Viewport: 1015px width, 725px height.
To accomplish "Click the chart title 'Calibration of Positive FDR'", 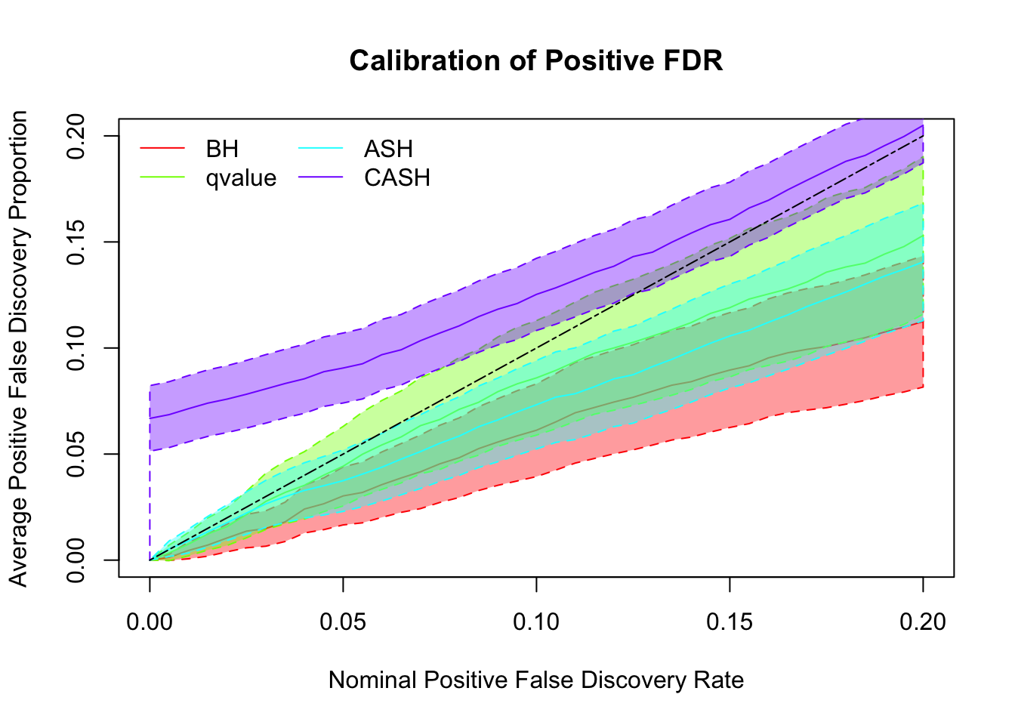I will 536,61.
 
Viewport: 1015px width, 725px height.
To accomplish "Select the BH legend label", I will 222,149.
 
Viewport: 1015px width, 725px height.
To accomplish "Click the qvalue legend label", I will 241,178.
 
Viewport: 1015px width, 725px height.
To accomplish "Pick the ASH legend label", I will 388,149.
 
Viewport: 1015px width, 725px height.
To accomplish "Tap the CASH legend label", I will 396,178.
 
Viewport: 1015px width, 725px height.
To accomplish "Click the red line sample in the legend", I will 162,149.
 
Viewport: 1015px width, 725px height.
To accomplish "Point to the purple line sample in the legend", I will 321,178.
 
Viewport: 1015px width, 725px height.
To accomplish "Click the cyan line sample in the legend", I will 321,149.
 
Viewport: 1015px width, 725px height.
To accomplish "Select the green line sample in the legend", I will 162,178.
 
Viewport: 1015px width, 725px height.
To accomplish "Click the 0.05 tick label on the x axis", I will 343,622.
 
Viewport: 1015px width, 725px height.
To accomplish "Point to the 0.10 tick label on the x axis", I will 536,622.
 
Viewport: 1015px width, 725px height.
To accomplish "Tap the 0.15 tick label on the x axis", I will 730,622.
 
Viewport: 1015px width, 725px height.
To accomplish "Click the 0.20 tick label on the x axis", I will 923,622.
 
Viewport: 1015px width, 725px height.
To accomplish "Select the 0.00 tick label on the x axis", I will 150,622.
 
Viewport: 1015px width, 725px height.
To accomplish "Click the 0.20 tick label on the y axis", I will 76,136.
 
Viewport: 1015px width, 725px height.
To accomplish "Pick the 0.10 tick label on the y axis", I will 76,348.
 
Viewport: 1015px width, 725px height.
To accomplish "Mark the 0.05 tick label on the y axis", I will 76,454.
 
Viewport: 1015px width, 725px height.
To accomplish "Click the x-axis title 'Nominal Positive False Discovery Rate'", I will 536,680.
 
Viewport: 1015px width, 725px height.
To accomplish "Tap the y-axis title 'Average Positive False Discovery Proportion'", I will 19,348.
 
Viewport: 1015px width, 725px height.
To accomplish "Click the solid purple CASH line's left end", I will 150,418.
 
